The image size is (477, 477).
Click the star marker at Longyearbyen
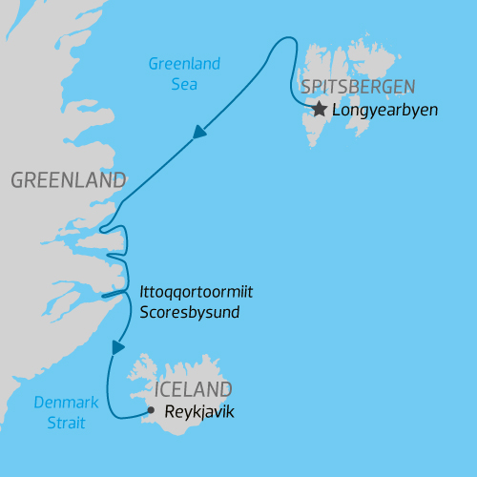click(x=319, y=111)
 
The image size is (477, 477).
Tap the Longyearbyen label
click(x=384, y=111)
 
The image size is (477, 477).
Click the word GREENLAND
click(x=68, y=180)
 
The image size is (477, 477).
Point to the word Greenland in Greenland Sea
click(x=184, y=64)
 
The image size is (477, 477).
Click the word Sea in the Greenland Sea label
click(x=184, y=84)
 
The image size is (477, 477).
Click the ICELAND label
click(x=194, y=389)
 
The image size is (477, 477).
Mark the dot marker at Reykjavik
click(x=150, y=411)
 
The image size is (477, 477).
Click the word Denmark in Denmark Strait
click(x=67, y=403)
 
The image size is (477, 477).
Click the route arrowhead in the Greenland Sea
click(x=199, y=133)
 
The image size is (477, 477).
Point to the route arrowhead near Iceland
click(x=118, y=347)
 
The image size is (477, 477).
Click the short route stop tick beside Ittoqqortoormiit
click(x=114, y=294)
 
